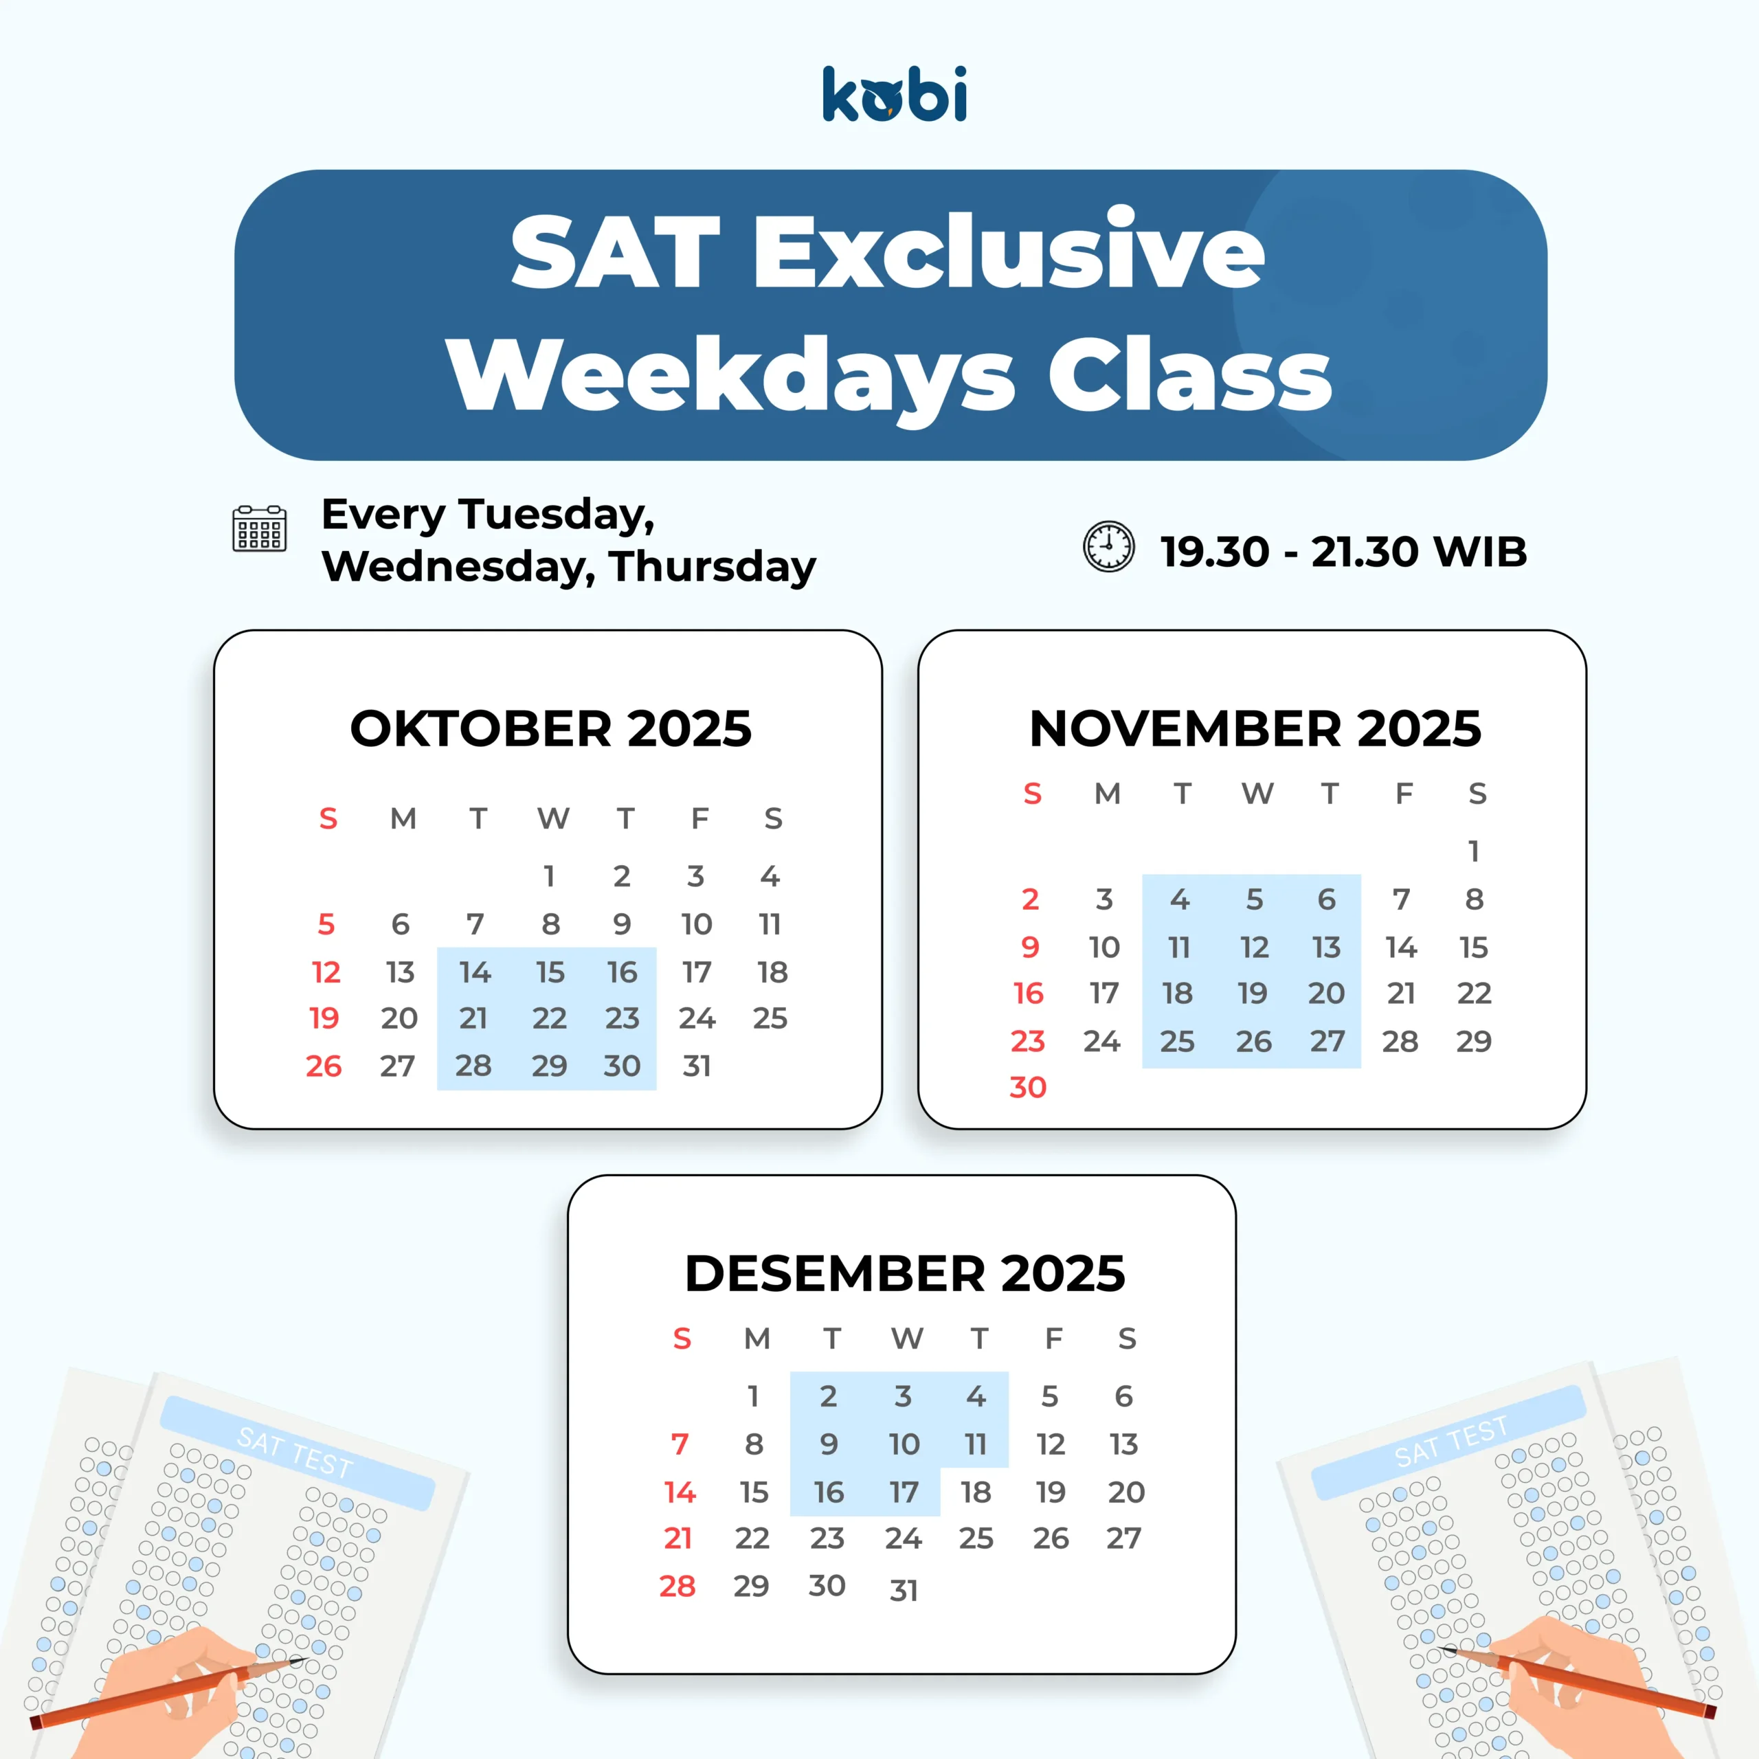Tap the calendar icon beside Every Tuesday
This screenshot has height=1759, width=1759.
(x=260, y=529)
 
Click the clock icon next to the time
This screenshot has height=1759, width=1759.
(x=1108, y=546)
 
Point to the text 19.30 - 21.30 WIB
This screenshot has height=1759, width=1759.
(x=1344, y=552)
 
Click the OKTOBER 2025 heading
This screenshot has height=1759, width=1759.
(x=551, y=728)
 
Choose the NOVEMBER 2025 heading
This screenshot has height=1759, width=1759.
(x=1255, y=728)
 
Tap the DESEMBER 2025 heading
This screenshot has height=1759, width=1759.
(x=905, y=1273)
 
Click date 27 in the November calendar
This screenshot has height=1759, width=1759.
(x=1327, y=1042)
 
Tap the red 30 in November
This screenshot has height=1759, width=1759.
(x=1028, y=1087)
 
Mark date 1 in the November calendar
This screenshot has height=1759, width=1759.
(x=1474, y=851)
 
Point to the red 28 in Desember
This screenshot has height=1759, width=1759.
(x=677, y=1586)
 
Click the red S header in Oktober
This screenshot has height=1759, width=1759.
(x=328, y=818)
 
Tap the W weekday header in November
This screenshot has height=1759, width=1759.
(x=1257, y=794)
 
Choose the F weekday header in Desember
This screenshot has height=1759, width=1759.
(x=1053, y=1338)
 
